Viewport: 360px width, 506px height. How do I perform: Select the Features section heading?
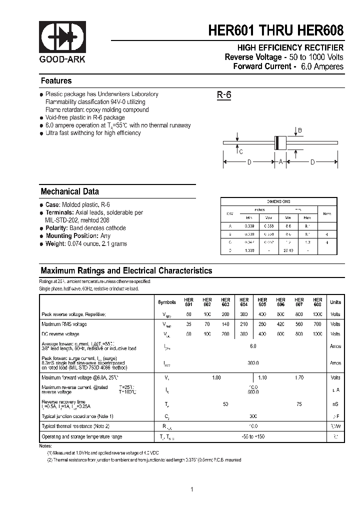[x=56, y=81]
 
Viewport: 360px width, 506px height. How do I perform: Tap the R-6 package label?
[x=223, y=95]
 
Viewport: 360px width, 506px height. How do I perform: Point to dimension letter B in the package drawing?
[x=300, y=130]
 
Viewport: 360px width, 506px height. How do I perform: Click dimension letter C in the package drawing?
[x=241, y=152]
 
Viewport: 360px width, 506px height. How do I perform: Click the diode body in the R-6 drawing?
[x=281, y=143]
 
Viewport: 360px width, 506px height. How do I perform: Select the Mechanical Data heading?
[x=69, y=191]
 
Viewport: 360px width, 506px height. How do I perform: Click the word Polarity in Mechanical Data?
[x=56, y=228]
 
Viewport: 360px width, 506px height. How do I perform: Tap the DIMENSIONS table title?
[x=278, y=201]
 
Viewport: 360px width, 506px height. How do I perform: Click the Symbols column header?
[x=167, y=302]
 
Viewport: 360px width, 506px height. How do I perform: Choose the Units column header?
[x=335, y=302]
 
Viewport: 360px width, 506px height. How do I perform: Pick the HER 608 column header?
[x=317, y=302]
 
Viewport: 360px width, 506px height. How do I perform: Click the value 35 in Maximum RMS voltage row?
[x=188, y=324]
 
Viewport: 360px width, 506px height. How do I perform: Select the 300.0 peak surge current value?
[x=253, y=363]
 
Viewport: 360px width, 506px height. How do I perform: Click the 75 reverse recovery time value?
[x=299, y=402]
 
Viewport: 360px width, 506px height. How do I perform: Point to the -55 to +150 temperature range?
[x=253, y=436]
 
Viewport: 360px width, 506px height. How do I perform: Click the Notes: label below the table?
[x=45, y=445]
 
